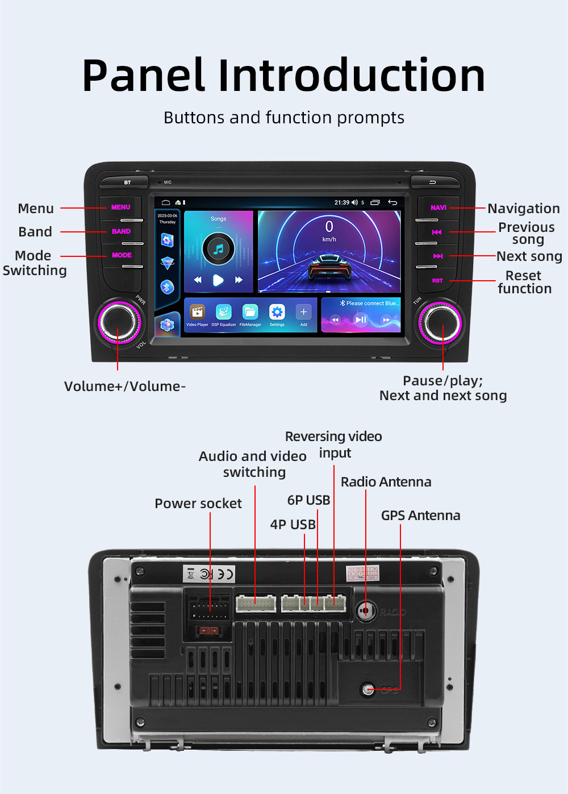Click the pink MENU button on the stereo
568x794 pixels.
coord(120,207)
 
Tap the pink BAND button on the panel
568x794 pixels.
coord(121,231)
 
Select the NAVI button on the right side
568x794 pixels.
coord(438,208)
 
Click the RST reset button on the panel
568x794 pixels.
coord(437,281)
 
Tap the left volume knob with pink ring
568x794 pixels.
coord(118,322)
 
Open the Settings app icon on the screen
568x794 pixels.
coord(277,312)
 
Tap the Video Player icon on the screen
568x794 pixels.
coord(197,312)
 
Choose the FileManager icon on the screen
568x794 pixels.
coord(250,312)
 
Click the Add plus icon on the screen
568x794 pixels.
coord(303,312)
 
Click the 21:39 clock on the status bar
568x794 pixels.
coord(341,202)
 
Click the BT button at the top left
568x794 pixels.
coord(127,182)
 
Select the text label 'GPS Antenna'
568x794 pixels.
coord(420,516)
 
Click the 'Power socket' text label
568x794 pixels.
coord(198,504)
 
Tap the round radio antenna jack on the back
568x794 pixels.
coord(366,611)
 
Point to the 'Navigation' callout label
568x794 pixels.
coord(524,209)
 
